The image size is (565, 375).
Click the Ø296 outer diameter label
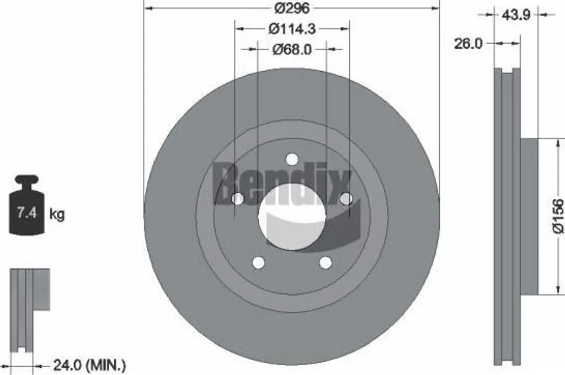click(292, 8)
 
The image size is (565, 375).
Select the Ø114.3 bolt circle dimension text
click(292, 29)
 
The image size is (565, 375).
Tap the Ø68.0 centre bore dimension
click(292, 49)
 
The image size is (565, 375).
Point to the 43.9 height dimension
click(516, 15)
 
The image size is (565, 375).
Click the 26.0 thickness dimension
click(468, 44)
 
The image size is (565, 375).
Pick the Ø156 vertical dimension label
click(558, 215)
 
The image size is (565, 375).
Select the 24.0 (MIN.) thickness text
click(89, 366)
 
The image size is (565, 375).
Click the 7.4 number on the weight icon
click(27, 213)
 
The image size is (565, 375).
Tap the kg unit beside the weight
click(57, 214)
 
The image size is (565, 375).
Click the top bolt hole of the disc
click(292, 159)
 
